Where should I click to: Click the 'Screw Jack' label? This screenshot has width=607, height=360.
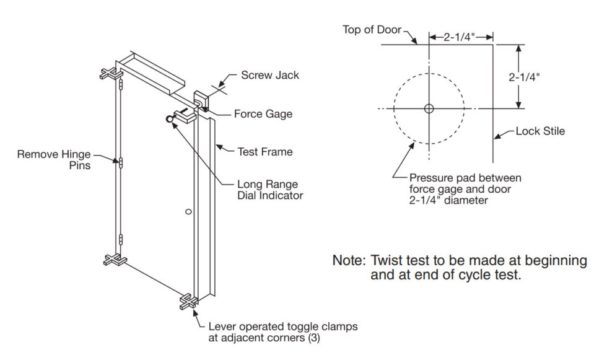pos(269,76)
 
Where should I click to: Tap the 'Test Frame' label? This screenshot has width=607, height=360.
pos(265,151)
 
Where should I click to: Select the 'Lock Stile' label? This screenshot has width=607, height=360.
pos(540,131)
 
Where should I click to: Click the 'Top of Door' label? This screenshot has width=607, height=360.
pos(372,30)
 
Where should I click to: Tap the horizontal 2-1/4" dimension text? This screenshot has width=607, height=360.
pos(460,37)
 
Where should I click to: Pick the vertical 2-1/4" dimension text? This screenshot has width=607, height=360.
pos(524,77)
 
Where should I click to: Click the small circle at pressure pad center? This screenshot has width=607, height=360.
pos(429,108)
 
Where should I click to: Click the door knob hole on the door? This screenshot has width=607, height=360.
pos(189,213)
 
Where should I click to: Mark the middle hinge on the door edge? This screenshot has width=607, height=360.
pos(121,163)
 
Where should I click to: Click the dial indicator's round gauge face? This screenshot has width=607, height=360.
pos(169,120)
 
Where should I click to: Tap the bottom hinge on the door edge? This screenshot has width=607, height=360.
pos(121,239)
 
